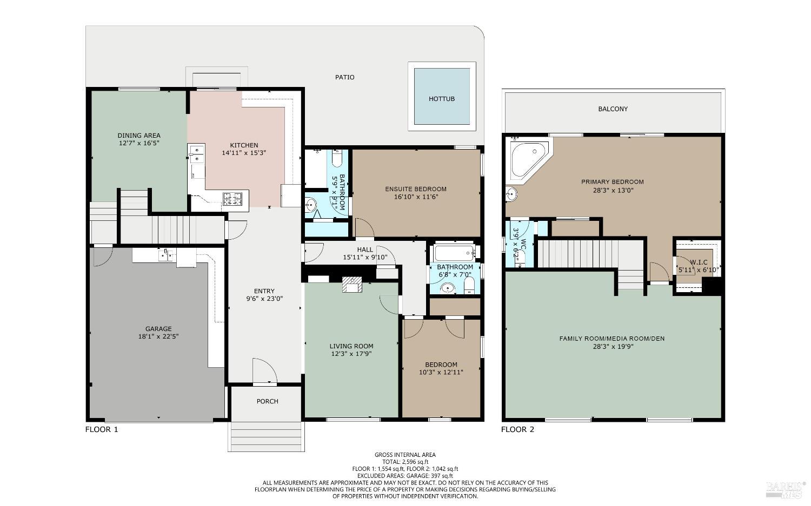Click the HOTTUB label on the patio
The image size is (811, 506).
point(441,99)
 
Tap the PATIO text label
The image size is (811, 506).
point(344,77)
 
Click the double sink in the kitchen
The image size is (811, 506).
point(196,153)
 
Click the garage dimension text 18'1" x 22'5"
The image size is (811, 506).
point(158,336)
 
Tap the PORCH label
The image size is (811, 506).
point(267,401)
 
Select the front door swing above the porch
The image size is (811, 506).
point(265,372)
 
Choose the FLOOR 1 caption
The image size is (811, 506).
point(102,429)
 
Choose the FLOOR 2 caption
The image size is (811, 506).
point(517,429)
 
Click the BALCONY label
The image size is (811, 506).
point(613,109)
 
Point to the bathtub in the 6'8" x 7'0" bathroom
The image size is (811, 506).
point(454,253)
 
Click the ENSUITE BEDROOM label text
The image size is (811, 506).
point(415,189)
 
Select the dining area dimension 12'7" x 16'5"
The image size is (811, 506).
point(139,144)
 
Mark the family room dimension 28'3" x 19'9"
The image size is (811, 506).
point(611,347)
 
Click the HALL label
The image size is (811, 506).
point(365,249)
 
